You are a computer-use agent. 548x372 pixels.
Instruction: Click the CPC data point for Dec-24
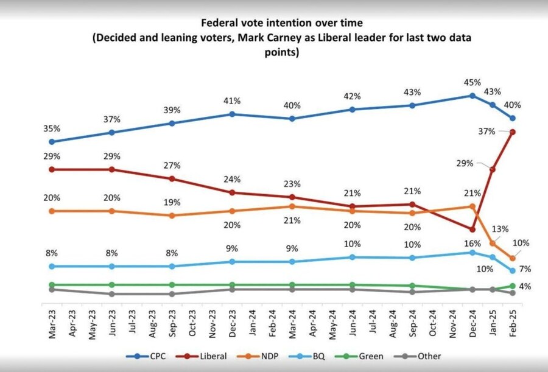[472, 96]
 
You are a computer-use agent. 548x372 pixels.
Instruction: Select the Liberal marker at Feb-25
[513, 132]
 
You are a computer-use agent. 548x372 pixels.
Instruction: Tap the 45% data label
[472, 82]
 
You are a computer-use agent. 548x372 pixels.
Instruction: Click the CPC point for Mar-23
[52, 141]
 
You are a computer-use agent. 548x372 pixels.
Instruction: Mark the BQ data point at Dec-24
[472, 252]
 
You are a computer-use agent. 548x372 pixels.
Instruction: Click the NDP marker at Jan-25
[493, 244]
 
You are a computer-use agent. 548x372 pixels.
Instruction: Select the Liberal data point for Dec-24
[472, 230]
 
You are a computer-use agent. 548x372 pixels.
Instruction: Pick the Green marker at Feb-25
[513, 286]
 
